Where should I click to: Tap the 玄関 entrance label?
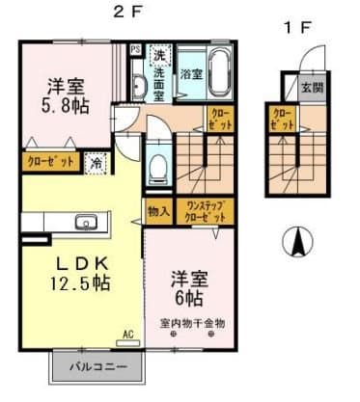click(311, 89)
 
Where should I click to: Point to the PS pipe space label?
click(135, 50)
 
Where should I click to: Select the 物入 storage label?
click(158, 210)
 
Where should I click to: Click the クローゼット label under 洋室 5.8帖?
click(51, 162)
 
